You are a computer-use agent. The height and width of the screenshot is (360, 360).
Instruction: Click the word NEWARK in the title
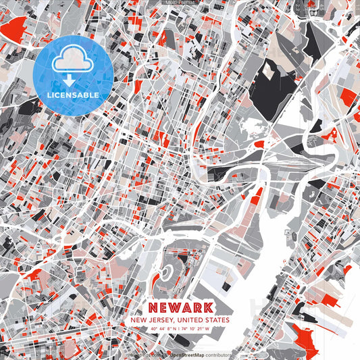tap(180, 307)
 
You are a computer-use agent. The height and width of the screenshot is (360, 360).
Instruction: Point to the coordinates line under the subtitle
tap(180, 330)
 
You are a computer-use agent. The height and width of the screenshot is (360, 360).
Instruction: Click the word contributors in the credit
tap(218, 355)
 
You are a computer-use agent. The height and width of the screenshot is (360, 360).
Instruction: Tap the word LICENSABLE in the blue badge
tap(72, 95)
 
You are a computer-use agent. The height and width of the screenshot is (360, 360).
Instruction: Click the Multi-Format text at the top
tap(180, 3)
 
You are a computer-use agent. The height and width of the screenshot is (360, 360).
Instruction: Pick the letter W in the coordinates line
tap(208, 330)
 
